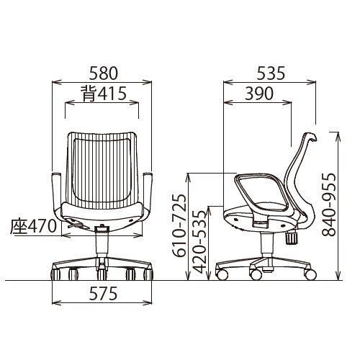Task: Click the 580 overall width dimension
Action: tap(103, 73)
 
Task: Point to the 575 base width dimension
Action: tap(103, 295)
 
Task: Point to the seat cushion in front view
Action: tap(102, 214)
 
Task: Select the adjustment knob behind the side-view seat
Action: tap(292, 237)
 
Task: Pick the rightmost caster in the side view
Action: tap(310, 274)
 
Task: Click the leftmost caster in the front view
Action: tap(56, 274)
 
